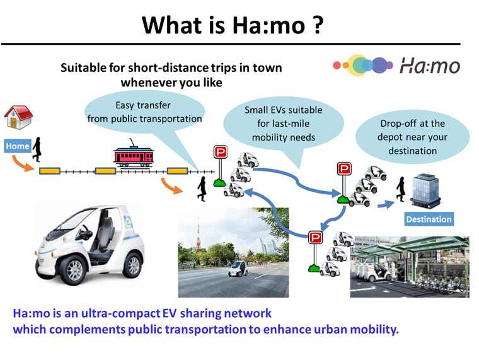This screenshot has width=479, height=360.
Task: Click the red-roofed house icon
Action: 18,117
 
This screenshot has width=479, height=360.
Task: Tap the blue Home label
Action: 18,146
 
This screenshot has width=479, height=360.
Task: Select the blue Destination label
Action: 429,219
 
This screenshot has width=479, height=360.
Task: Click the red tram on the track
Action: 133,155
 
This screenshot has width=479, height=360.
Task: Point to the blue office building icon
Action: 425,191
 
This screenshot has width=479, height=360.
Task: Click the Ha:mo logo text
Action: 430,66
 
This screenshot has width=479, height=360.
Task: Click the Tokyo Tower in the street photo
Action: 199,235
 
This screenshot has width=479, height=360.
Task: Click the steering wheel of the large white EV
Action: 86,232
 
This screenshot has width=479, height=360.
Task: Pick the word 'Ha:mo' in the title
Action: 268,25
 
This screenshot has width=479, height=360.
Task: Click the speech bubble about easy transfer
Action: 144,113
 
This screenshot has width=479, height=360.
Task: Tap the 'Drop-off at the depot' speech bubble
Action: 412,137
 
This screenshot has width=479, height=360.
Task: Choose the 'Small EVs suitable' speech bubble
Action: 284,124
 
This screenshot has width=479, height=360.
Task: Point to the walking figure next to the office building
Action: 400,189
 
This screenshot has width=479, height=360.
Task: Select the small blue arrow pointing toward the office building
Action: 386,204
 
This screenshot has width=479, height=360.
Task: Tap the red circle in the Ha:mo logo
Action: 337,65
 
